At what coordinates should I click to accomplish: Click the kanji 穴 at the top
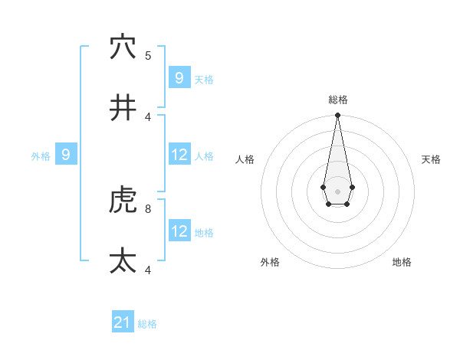123,47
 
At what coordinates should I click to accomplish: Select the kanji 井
123,108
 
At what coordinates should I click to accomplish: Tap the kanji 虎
123,200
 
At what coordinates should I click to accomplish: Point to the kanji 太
123,261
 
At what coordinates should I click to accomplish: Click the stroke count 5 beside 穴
148,55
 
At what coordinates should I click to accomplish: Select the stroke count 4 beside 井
148,116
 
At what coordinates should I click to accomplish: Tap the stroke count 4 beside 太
148,270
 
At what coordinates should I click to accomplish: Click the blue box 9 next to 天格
179,78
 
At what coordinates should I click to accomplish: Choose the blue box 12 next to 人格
179,155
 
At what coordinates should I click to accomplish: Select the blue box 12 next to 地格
179,231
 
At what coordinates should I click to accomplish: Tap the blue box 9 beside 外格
66,155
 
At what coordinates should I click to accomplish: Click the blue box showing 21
123,322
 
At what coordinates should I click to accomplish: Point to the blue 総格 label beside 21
147,324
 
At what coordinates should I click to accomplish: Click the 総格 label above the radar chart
338,100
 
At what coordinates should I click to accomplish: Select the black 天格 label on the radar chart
432,159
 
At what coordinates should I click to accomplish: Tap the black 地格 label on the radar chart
402,262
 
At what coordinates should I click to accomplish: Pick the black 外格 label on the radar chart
270,262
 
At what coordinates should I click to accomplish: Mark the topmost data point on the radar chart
337,115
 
